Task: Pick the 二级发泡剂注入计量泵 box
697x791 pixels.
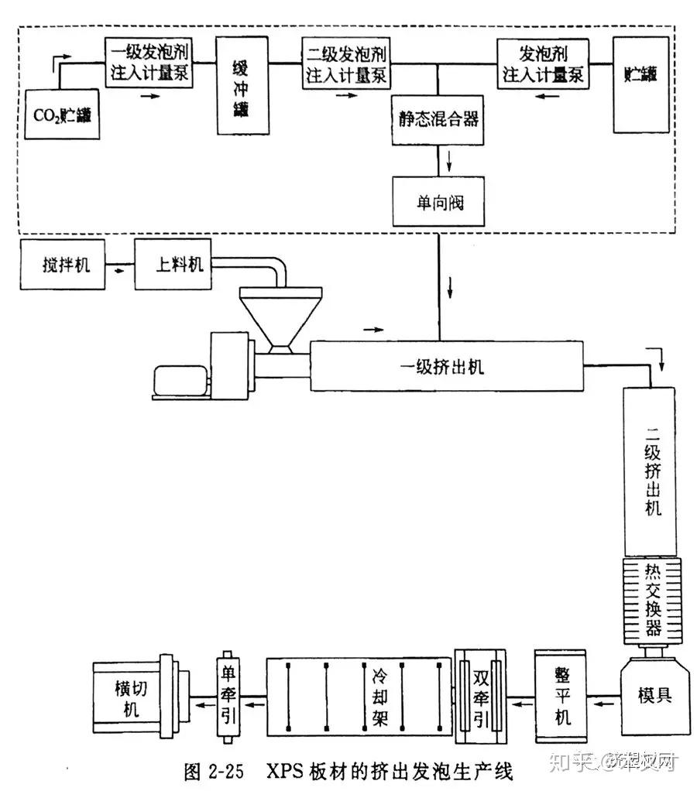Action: point(347,64)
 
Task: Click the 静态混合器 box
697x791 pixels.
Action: point(438,119)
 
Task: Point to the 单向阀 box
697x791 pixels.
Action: point(438,204)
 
